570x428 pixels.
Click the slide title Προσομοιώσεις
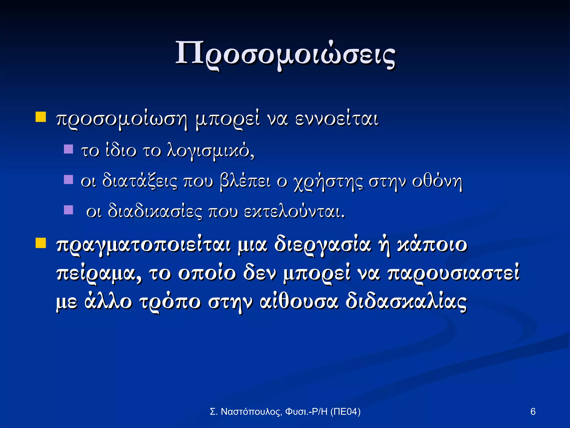pyautogui.click(x=285, y=54)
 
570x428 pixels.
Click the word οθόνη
pyautogui.click(x=437, y=181)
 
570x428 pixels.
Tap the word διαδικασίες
pyautogui.click(x=154, y=212)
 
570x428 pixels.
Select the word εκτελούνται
pyautogui.click(x=294, y=212)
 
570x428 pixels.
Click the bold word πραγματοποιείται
pyautogui.click(x=143, y=245)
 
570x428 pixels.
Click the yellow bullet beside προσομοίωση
pyautogui.click(x=41, y=117)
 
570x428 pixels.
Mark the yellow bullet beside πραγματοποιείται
pyautogui.click(x=41, y=243)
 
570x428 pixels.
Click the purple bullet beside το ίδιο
pyautogui.click(x=68, y=149)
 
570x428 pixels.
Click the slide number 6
pyautogui.click(x=533, y=412)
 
